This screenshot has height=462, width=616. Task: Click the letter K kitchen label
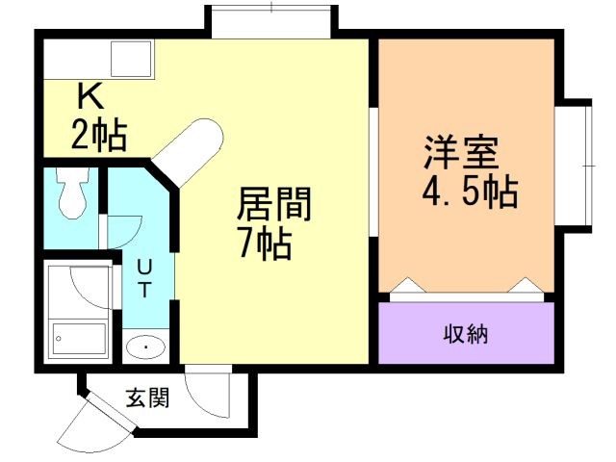[90, 96]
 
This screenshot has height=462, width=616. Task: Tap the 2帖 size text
[98, 136]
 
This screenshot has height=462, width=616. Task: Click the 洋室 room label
[459, 154]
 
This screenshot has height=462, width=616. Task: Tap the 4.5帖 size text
[469, 192]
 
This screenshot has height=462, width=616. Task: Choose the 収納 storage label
[467, 334]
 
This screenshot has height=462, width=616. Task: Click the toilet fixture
[72, 193]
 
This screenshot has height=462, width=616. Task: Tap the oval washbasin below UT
[145, 346]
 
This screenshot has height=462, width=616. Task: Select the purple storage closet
[466, 334]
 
